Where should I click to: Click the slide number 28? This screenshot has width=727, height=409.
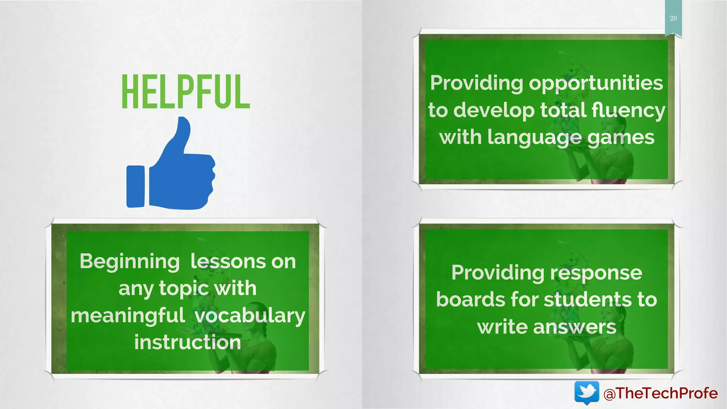click(673, 18)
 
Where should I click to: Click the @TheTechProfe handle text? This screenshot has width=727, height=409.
click(661, 393)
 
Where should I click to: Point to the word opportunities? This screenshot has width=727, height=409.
click(596, 83)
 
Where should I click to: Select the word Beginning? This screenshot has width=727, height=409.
click(130, 262)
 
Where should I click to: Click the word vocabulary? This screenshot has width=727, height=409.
click(250, 316)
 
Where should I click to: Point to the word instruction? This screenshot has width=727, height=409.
click(187, 343)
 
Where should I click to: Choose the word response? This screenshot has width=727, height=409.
click(596, 273)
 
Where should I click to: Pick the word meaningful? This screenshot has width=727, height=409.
click(128, 316)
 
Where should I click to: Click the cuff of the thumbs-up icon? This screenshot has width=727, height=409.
click(135, 186)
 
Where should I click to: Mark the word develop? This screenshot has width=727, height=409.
click(494, 110)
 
